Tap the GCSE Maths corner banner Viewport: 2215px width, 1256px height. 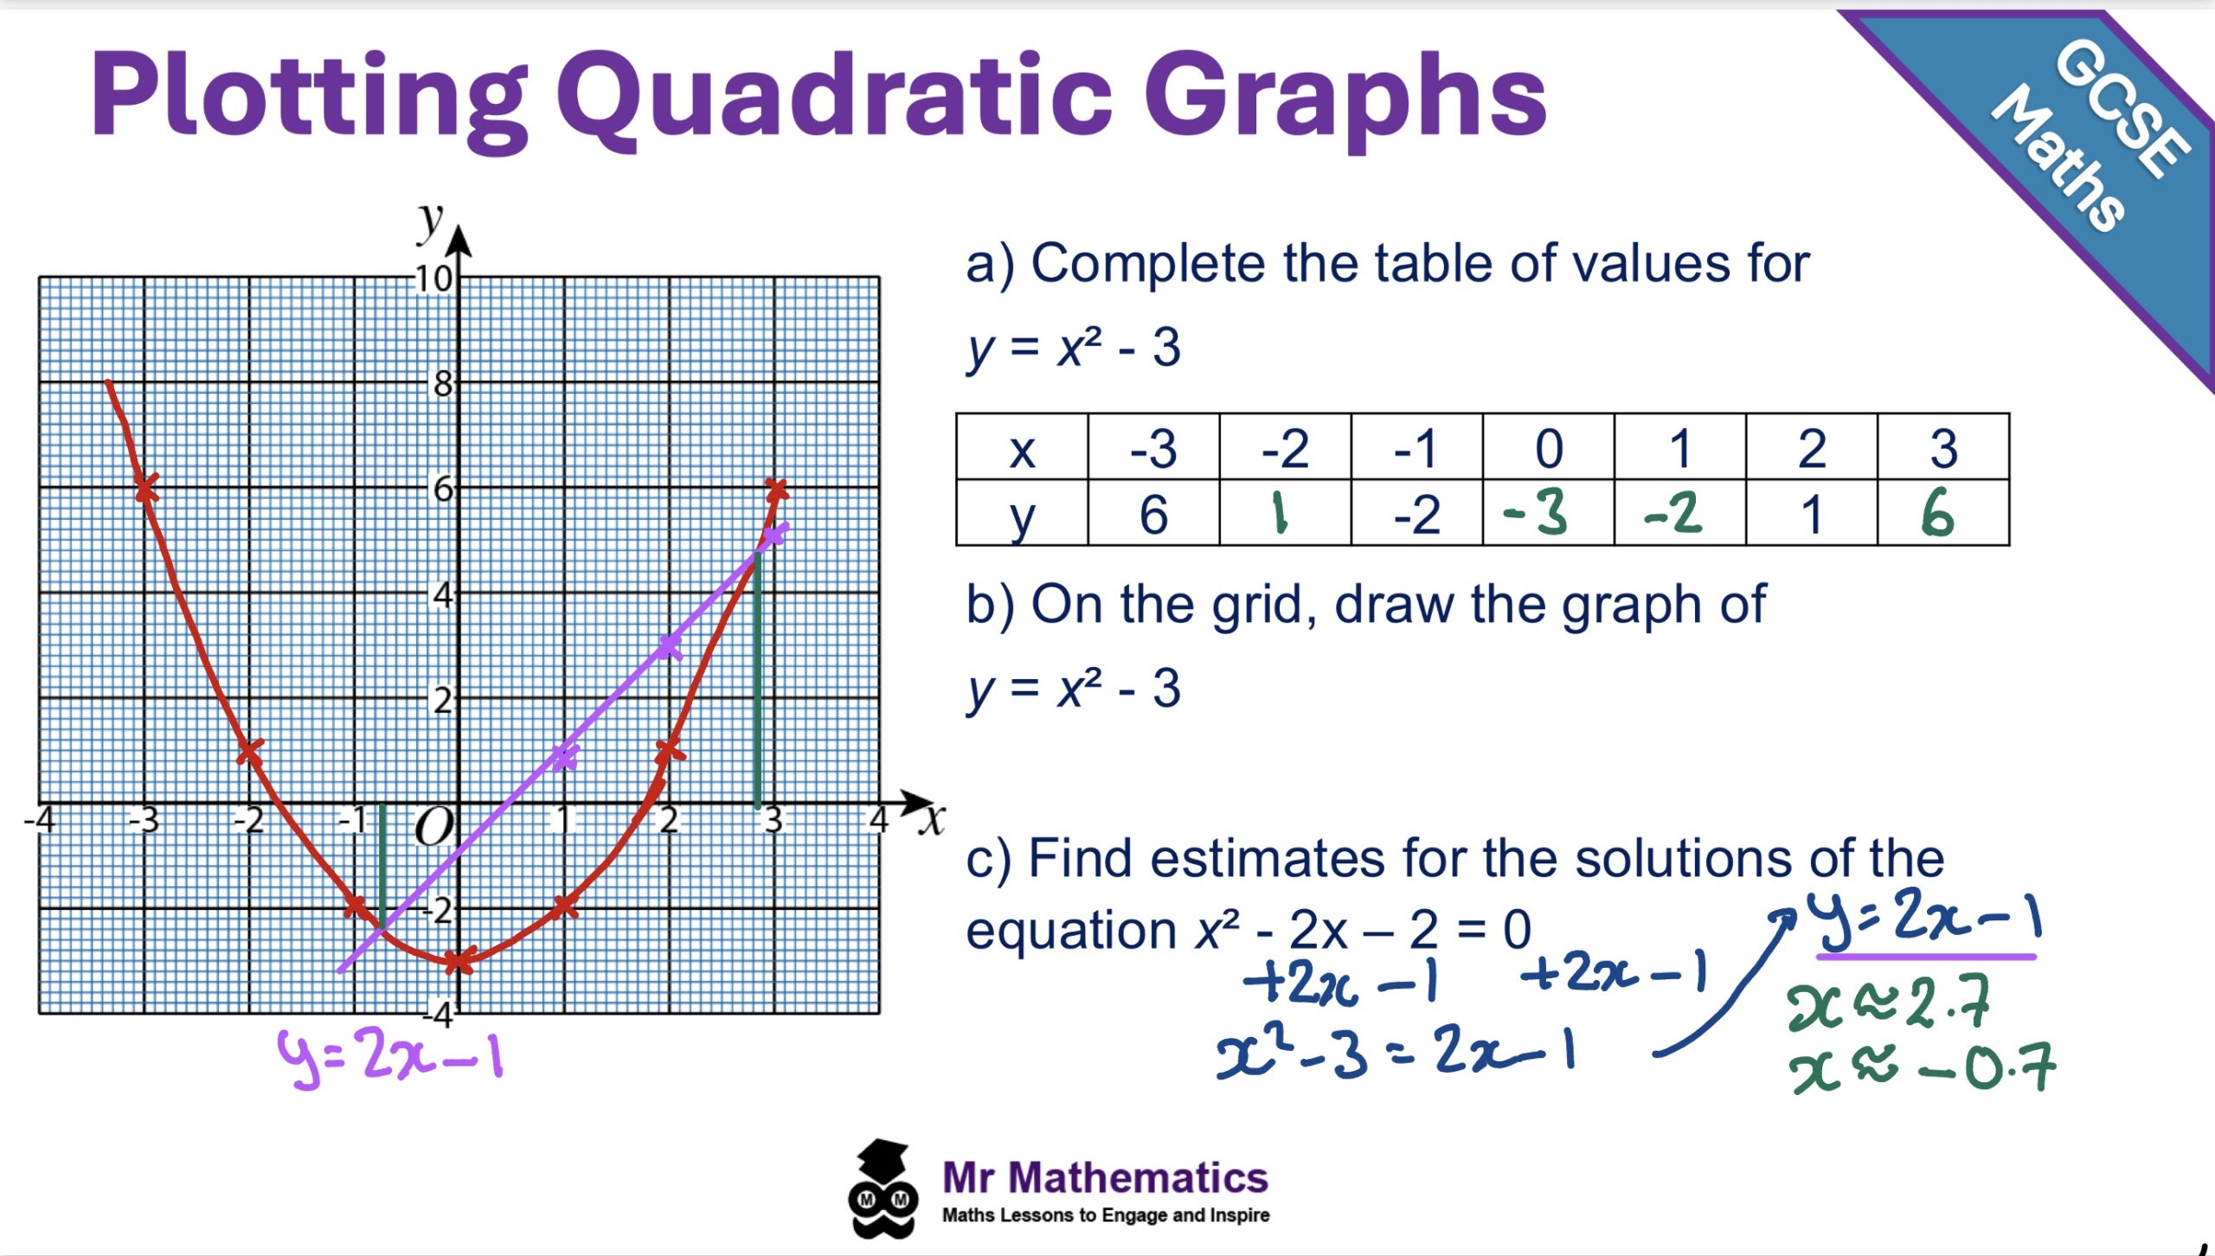2077,156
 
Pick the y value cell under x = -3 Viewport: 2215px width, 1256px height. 1153,513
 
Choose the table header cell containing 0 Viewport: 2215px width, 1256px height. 1548,447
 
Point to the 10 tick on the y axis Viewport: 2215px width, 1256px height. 433,279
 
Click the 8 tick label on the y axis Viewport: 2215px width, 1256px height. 443,383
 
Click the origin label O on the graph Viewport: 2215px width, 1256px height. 433,828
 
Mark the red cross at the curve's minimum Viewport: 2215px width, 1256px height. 458,959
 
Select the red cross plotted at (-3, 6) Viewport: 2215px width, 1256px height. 145,488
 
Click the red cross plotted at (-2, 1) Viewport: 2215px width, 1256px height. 249,751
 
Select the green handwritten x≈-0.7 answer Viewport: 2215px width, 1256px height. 1922,1069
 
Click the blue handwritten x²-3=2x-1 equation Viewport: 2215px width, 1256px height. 1396,1051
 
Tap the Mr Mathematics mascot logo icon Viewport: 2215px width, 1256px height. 883,1189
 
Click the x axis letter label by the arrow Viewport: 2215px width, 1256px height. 932,819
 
